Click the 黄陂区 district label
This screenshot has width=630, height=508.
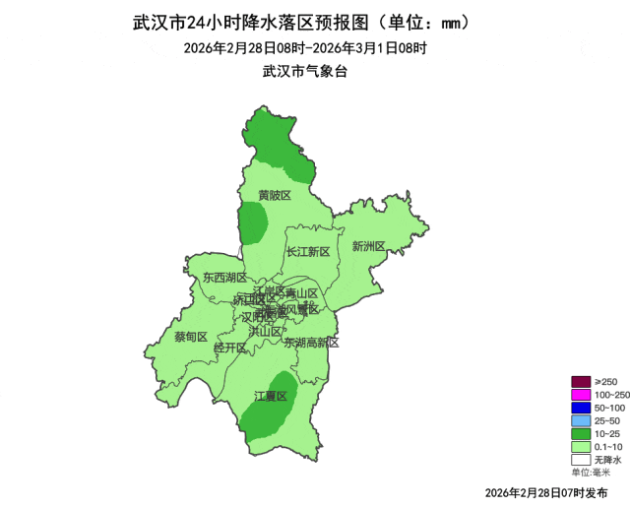(275, 195)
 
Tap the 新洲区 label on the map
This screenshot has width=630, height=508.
(369, 246)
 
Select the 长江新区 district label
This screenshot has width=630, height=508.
(308, 252)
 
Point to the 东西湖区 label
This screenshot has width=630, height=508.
(224, 279)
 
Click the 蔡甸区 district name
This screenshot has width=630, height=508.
(191, 337)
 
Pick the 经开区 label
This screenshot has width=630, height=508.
(229, 348)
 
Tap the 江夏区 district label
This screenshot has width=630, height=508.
(270, 397)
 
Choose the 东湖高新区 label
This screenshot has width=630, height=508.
(311, 344)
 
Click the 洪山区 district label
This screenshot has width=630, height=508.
(265, 331)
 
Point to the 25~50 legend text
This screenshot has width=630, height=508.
(607, 420)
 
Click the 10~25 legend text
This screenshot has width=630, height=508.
(607, 433)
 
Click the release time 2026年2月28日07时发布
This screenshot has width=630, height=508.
(545, 491)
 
